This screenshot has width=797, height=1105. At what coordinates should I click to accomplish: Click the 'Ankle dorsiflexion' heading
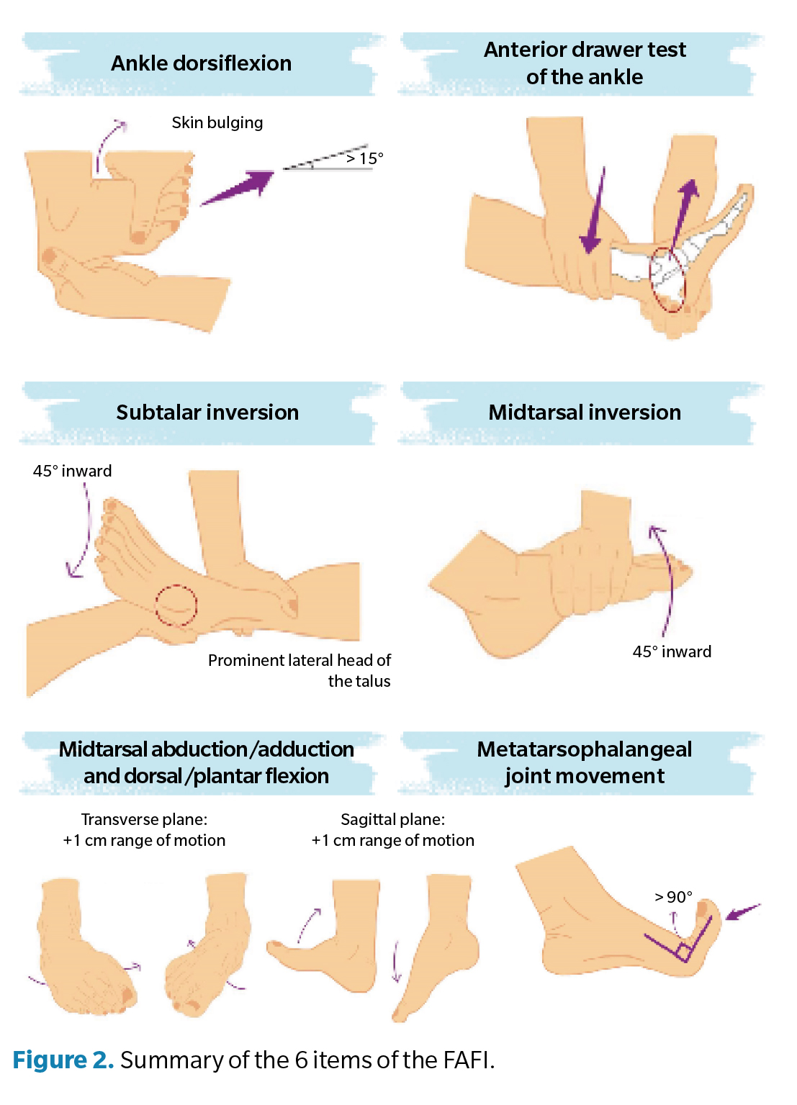coord(201,63)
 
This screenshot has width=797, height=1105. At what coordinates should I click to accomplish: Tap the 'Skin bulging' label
coord(217,122)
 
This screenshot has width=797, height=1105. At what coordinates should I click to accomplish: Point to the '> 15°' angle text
coord(365,158)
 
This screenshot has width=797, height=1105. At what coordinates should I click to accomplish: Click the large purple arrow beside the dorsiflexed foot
coord(237,188)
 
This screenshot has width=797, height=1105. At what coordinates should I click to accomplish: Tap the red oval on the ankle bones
coord(667,279)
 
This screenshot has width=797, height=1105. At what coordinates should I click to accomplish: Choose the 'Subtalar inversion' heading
coord(207,412)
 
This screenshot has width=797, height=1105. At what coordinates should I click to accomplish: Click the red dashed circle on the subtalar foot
coord(176,605)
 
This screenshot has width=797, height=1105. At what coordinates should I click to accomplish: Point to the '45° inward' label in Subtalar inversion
coord(72,471)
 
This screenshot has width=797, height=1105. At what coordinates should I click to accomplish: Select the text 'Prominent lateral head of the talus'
coord(300,670)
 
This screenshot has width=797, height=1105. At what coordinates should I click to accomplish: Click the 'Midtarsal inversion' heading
coord(584,412)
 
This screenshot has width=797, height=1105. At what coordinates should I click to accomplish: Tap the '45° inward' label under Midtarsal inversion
coord(672,651)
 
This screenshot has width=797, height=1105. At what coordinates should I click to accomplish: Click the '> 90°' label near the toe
coord(673,897)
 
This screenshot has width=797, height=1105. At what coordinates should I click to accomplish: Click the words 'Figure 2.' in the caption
coord(63,1060)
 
